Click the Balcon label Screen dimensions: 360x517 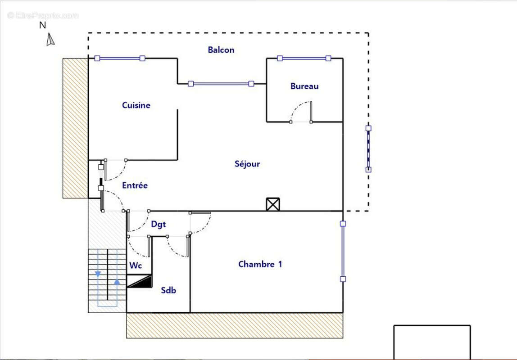click(x=221, y=50)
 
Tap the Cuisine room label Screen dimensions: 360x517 click(x=136, y=105)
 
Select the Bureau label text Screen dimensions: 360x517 click(x=304, y=86)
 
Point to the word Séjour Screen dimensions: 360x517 click(x=247, y=164)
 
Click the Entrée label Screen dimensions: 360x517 click(x=135, y=185)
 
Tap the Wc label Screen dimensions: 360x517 click(x=136, y=265)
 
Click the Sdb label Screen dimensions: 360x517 click(x=168, y=290)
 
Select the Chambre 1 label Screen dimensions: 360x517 click(x=260, y=264)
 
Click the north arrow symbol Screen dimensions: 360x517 click(x=50, y=40)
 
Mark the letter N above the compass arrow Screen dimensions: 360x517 click(x=43, y=26)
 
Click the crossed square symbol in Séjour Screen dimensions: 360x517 click(x=272, y=204)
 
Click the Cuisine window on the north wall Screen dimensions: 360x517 click(x=120, y=58)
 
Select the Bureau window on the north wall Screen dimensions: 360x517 click(x=304, y=58)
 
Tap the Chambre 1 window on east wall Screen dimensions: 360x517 click(x=343, y=251)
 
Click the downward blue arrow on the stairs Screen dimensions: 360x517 click(x=98, y=273)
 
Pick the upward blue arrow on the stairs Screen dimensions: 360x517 click(x=117, y=282)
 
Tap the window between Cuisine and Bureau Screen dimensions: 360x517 click(x=221, y=83)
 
